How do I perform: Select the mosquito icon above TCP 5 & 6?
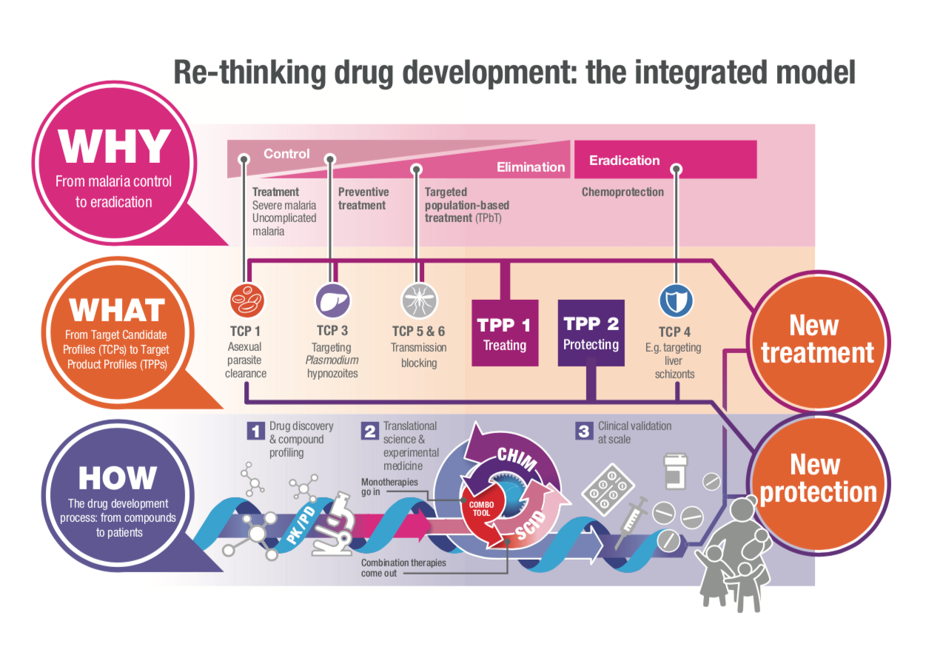(x=419, y=301)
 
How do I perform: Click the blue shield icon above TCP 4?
(x=676, y=301)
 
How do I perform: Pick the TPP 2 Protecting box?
(x=591, y=333)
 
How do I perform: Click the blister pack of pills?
(x=607, y=489)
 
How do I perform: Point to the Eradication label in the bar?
(x=624, y=160)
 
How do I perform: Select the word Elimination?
(x=531, y=167)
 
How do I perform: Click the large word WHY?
(x=115, y=147)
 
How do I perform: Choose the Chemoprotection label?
(x=622, y=192)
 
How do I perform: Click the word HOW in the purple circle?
(x=117, y=478)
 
